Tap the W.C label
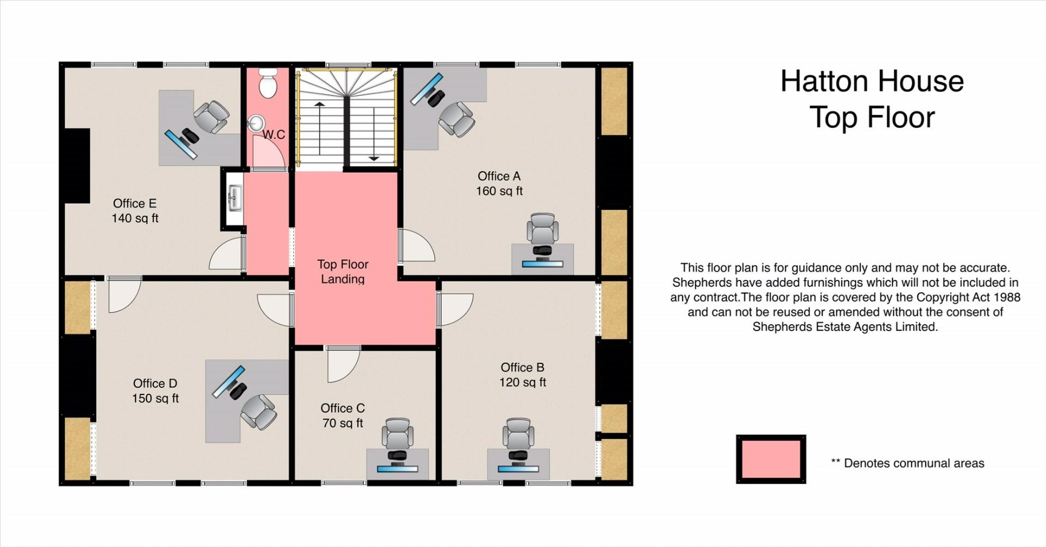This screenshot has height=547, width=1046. pos(273,135)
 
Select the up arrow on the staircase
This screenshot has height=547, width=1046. pos(319,127)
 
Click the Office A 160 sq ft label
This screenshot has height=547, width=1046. pos(499,184)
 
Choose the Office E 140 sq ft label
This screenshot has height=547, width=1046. pos(135,211)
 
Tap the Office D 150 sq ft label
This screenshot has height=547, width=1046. pos(155,391)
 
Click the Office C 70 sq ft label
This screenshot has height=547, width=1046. pos(343,416)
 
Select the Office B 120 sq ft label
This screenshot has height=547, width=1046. pos(522,375)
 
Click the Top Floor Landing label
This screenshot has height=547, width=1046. pos(343,271)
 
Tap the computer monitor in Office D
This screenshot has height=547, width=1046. pos(228,382)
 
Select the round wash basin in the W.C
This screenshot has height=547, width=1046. pos(255,124)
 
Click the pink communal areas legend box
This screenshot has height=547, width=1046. pos(771,459)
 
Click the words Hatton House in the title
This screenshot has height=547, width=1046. pos(872,81)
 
